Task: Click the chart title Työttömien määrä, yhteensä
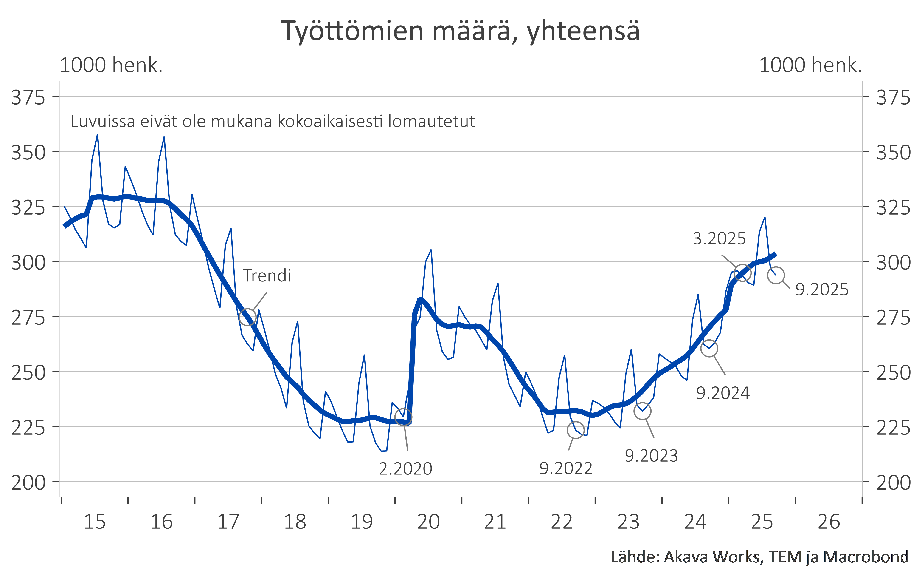[460, 31]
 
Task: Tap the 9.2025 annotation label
[822, 290]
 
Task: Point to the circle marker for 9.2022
[576, 430]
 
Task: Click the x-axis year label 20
[428, 522]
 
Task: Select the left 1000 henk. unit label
[111, 65]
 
